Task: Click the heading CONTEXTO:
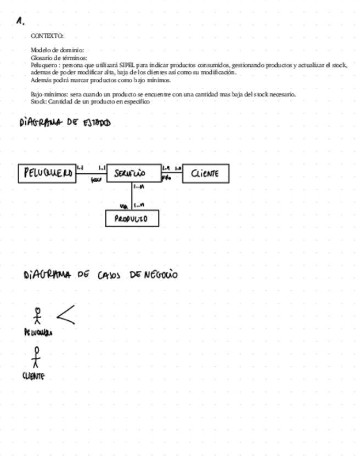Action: [x=47, y=36]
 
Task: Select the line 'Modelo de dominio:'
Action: [x=57, y=50]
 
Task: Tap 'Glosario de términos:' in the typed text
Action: [x=59, y=58]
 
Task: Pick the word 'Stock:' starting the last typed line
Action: [x=38, y=101]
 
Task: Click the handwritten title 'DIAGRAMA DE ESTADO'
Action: [x=64, y=123]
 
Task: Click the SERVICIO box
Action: [x=132, y=173]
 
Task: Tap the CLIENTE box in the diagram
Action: [x=205, y=173]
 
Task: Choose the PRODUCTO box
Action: [x=132, y=218]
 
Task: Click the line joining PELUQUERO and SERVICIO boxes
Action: [x=91, y=173]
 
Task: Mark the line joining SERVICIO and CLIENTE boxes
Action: [x=171, y=172]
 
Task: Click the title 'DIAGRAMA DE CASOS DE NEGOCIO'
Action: [x=100, y=274]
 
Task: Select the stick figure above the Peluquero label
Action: [x=37, y=316]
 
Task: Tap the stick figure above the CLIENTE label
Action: [x=36, y=357]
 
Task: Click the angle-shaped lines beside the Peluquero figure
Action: [x=65, y=314]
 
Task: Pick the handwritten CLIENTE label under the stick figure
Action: [x=33, y=376]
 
